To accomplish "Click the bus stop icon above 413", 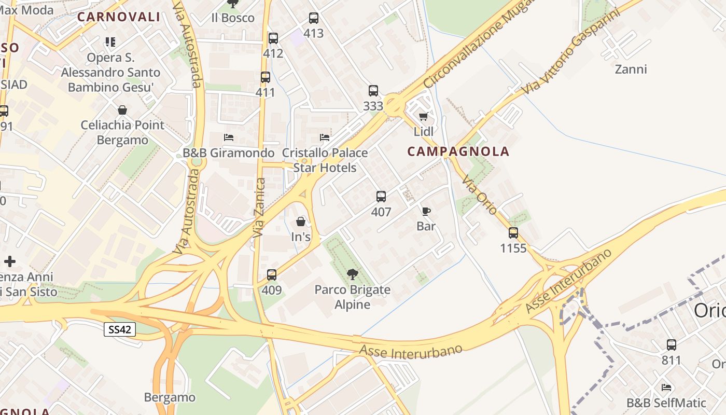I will [314, 18].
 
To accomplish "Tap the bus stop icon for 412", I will [273, 38].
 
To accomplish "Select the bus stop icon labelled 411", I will [266, 77].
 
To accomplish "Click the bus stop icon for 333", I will [373, 91].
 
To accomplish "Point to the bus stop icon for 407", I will [381, 197].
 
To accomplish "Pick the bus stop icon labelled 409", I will [272, 275].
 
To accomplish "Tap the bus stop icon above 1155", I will [513, 233].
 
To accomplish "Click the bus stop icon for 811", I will [672, 344].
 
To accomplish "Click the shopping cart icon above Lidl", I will [424, 117].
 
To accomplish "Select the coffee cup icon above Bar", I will [426, 211].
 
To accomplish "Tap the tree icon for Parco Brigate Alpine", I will [353, 274].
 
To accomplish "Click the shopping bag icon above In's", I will [301, 222].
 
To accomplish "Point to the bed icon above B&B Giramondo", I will [229, 137].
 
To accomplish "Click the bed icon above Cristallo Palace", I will [325, 137].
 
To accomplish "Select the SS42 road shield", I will [120, 329].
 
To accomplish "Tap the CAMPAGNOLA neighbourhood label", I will [458, 151].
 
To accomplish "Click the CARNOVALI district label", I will [119, 17].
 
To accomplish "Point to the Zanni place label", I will [631, 69].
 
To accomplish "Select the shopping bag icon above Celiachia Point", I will [122, 110].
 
